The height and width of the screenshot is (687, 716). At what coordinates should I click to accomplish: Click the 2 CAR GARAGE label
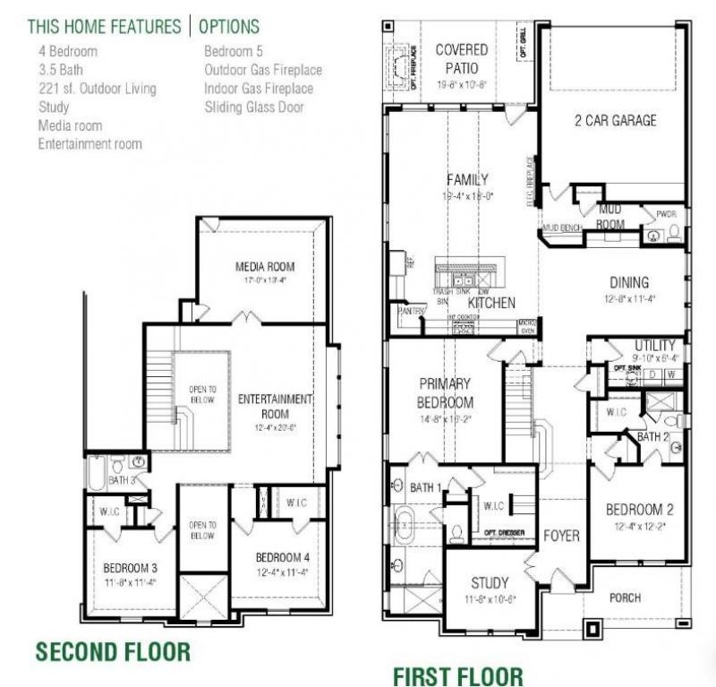(615, 120)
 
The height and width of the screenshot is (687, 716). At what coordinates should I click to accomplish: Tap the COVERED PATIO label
(462, 58)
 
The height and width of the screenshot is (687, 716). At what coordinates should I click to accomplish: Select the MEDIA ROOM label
(265, 267)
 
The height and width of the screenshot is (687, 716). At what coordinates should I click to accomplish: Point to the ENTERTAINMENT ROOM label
(275, 406)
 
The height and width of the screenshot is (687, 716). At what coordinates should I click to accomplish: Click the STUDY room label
(490, 581)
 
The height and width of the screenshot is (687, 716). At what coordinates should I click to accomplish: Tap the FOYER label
(561, 536)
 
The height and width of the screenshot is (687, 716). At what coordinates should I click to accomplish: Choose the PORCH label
(625, 597)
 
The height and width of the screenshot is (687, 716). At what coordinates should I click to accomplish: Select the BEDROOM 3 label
(131, 569)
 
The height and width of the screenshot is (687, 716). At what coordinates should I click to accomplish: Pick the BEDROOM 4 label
(283, 554)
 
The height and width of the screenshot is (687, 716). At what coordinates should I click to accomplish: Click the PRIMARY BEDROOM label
(446, 392)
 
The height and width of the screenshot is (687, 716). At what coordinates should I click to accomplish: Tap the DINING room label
(629, 282)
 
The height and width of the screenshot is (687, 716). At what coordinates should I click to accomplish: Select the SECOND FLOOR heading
(113, 651)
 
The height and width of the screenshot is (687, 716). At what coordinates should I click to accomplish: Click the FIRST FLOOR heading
(457, 674)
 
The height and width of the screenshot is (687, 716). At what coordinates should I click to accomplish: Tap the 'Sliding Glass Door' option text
(253, 107)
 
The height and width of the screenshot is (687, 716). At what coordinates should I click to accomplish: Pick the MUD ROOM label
(610, 216)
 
